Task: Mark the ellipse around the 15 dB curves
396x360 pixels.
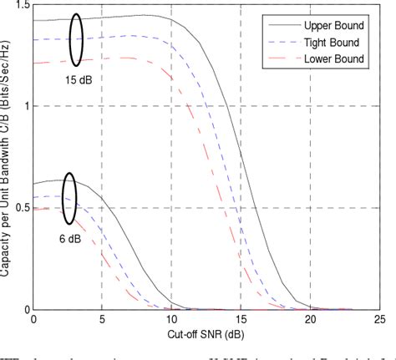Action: pos(76,40)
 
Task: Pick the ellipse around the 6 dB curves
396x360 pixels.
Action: pos(69,198)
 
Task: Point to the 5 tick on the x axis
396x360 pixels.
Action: pos(102,319)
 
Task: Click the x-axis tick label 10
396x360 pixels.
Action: pos(171,319)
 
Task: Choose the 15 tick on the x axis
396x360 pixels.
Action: pos(241,319)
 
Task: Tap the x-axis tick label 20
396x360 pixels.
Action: pos(309,319)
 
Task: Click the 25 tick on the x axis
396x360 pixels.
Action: pos(378,319)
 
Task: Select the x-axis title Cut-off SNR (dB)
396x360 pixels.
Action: pos(206,332)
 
